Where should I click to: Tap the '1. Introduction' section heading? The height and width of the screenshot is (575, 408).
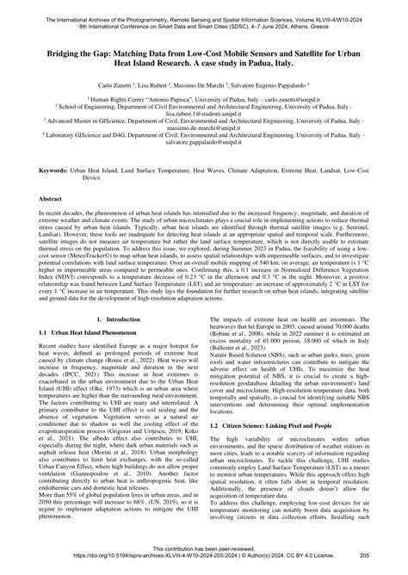pos(112,343)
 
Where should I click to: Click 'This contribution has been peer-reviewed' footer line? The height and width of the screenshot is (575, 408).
pos(203,547)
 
